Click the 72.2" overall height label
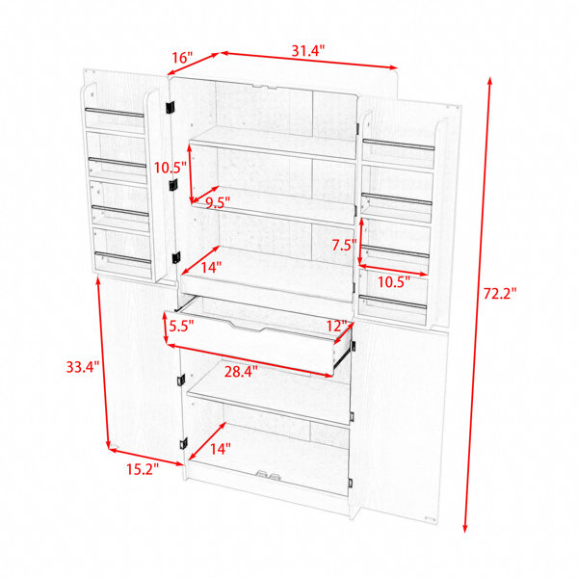(x=500, y=294)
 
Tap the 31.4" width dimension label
(x=308, y=50)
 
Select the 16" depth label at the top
(x=182, y=58)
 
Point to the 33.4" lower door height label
(x=83, y=367)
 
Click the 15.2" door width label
(x=143, y=469)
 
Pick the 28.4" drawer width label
(x=241, y=372)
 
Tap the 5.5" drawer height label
(x=181, y=327)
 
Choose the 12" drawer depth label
(x=337, y=326)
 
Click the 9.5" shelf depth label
(x=218, y=202)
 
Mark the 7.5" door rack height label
(x=344, y=245)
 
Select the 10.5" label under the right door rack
(x=394, y=282)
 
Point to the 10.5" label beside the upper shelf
(x=170, y=168)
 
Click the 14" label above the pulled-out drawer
(x=211, y=267)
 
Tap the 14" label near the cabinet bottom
(x=221, y=449)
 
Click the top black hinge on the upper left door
(x=170, y=107)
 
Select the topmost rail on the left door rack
(x=115, y=113)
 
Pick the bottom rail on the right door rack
(x=393, y=302)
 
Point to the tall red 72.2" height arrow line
(x=478, y=304)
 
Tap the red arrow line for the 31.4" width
(x=309, y=61)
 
